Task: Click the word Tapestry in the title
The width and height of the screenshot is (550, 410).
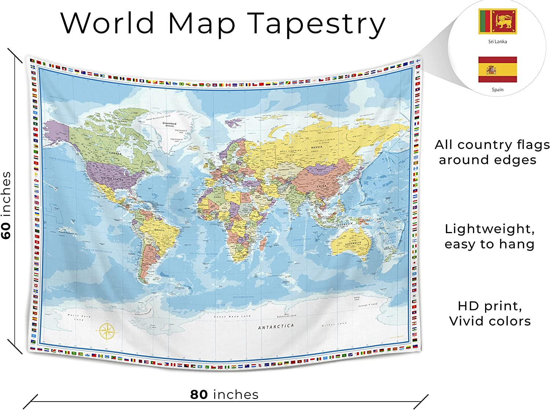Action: pos(316,23)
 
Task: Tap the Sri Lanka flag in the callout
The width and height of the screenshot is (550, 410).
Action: pos(498,22)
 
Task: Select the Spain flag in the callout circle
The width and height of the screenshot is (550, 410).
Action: pos(498,70)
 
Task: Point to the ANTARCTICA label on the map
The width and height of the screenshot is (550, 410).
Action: pos(276,327)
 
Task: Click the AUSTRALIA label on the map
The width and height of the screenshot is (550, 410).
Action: pos(353,243)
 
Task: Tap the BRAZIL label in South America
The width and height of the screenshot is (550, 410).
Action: pos(159,230)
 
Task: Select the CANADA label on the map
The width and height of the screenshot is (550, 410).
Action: pos(115,153)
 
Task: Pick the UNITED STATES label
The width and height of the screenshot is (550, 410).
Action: pos(112,178)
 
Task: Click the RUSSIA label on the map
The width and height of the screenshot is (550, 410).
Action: pos(316,147)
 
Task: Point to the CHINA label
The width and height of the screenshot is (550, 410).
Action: pos(321,186)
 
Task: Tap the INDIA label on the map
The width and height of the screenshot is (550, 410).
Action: pos(296,202)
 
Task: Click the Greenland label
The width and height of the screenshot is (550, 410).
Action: pos(169,123)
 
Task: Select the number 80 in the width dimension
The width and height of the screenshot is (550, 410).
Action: pos(199,395)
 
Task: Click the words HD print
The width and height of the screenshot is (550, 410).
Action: pos(489,306)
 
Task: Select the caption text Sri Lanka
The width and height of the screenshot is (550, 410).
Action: pos(498,41)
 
